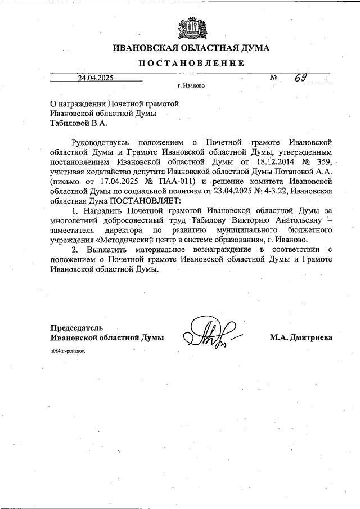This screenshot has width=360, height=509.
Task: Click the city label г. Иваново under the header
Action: tap(191, 87)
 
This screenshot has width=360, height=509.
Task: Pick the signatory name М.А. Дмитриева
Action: tap(301, 337)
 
